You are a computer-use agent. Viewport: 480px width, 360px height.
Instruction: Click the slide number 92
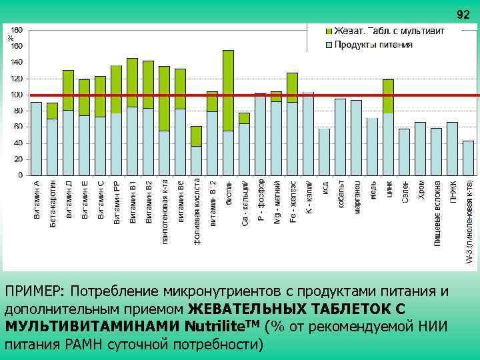pyautogui.click(x=462, y=15)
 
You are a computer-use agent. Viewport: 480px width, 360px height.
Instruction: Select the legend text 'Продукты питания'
pyautogui.click(x=373, y=45)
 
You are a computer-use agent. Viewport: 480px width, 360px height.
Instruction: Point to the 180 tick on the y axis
pyautogui.click(x=16, y=30)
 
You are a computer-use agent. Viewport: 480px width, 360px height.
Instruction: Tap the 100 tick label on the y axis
pyautogui.click(x=16, y=95)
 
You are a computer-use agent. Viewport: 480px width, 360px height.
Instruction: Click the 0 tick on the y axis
pyautogui.click(x=20, y=175)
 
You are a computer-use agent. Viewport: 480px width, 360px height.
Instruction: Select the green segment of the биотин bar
pyautogui.click(x=228, y=90)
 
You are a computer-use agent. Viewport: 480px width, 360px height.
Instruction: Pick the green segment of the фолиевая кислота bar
pyautogui.click(x=196, y=136)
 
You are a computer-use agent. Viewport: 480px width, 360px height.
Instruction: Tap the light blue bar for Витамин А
pyautogui.click(x=36, y=139)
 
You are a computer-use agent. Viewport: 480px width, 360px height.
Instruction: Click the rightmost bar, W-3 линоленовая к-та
pyautogui.click(x=468, y=158)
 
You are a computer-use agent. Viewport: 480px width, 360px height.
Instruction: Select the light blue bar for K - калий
pyautogui.click(x=308, y=133)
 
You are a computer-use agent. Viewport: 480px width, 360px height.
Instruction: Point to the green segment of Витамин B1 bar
pyautogui.click(x=132, y=82)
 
